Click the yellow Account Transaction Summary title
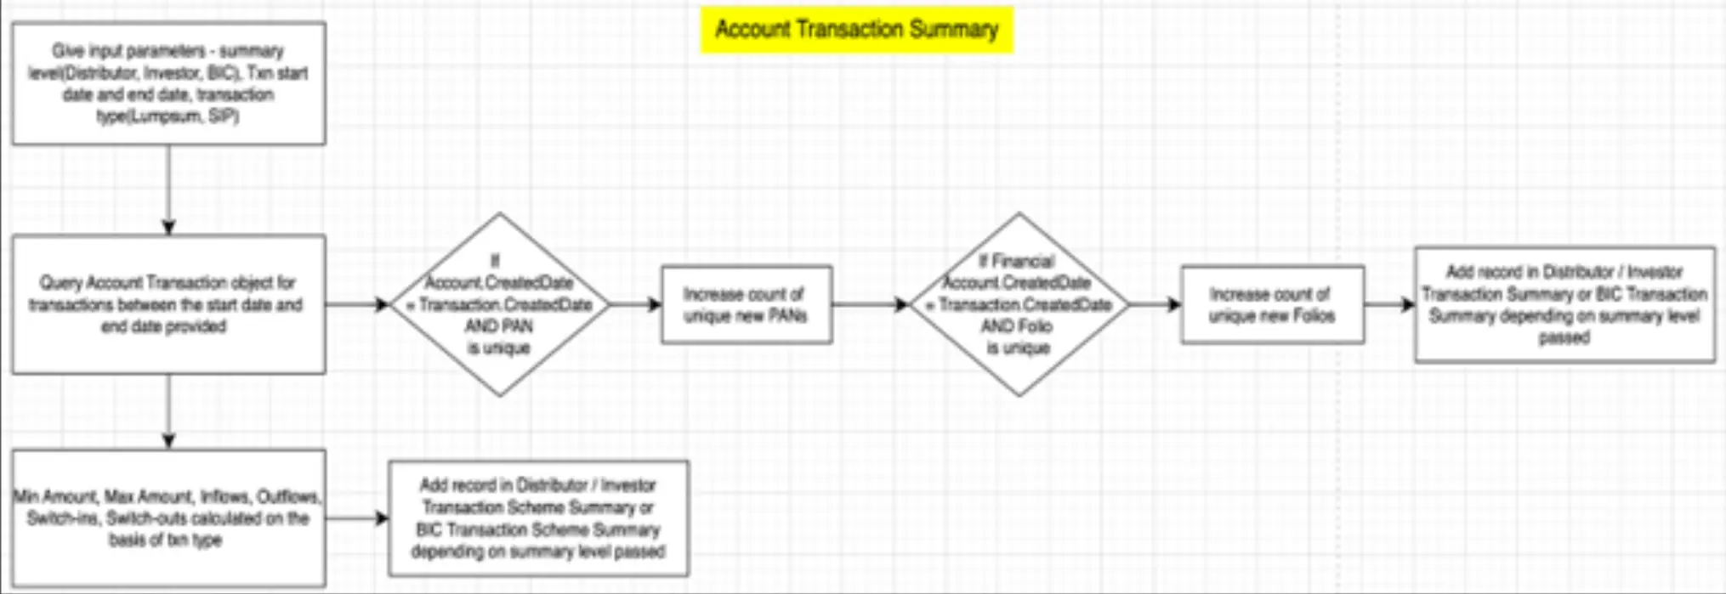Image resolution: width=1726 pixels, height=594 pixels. [856, 30]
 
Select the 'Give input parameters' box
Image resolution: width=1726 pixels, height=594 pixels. [168, 83]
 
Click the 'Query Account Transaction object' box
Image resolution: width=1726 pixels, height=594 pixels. [168, 304]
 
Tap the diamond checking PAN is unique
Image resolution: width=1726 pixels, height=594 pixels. [500, 304]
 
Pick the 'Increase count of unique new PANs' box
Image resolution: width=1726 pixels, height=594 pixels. [746, 304]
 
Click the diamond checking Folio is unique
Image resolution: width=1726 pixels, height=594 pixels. [1019, 304]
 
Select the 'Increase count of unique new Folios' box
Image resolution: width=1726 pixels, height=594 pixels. [1272, 304]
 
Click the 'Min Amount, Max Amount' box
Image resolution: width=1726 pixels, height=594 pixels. [168, 518]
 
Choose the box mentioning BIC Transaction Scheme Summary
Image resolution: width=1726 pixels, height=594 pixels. [538, 518]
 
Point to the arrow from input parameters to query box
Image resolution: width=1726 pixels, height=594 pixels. [168, 189]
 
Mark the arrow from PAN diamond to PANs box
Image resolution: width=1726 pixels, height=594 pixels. [636, 304]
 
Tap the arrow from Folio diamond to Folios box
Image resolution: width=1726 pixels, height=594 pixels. [1155, 304]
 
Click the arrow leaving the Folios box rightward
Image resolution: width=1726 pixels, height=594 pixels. [1389, 304]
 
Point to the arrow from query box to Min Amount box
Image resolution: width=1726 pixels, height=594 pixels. [168, 411]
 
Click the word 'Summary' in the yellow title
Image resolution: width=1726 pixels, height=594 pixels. [954, 30]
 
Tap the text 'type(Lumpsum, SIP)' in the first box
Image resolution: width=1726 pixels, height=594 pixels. [167, 116]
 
